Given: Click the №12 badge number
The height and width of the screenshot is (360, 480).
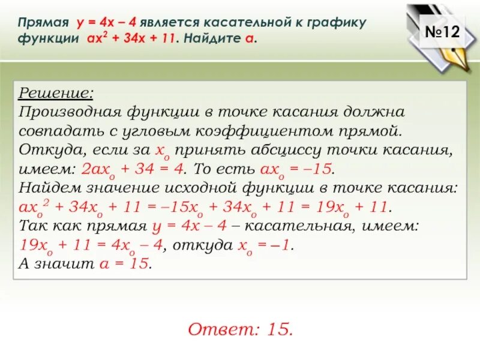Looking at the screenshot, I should click(442, 33).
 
